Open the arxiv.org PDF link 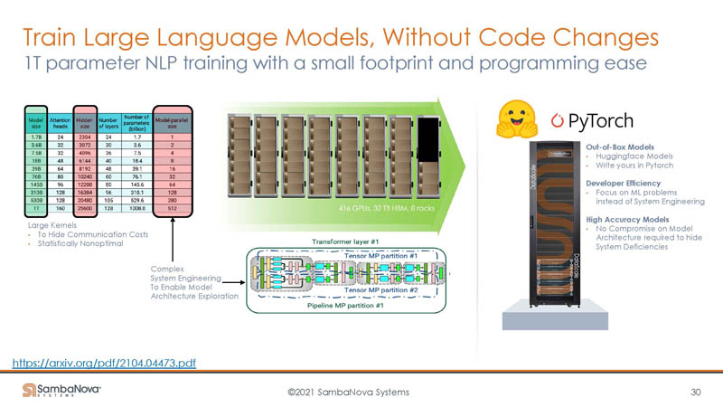coord(105,363)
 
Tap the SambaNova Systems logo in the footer coord(61,390)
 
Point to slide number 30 coord(695,391)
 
